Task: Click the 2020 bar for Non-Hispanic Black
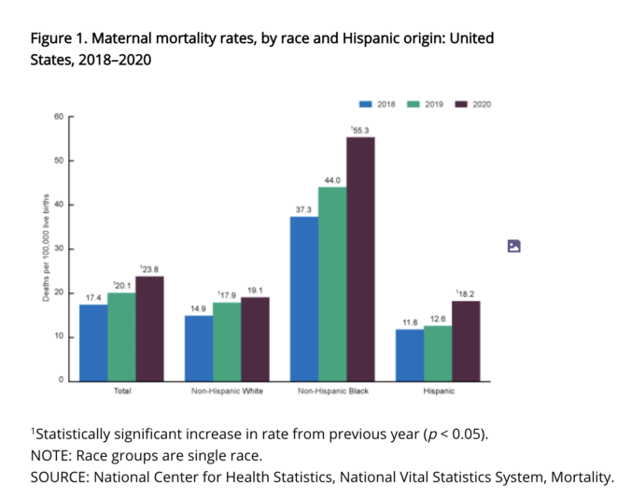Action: (x=360, y=259)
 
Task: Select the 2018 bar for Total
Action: (x=93, y=342)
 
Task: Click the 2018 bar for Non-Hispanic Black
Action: (x=304, y=298)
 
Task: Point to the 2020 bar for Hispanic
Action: (x=466, y=340)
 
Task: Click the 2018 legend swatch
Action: (x=366, y=104)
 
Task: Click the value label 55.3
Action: (x=360, y=129)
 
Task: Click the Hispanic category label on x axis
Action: (x=439, y=391)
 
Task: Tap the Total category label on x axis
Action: (x=121, y=391)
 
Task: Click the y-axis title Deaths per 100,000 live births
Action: (x=45, y=249)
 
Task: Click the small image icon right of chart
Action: (x=513, y=247)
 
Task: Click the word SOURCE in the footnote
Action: (x=60, y=478)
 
